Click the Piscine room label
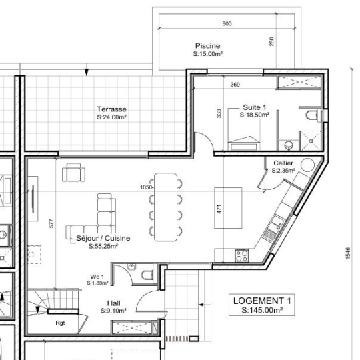pos(208,46)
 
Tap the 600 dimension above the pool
pos(227,23)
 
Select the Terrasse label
pos(111,109)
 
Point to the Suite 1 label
pos(255,107)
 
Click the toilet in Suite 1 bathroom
pos(312,115)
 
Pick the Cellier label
pos(283,163)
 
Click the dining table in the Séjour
pos(165,207)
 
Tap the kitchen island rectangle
pos(228,208)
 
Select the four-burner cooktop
pos(242,255)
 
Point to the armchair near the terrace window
pos(73,173)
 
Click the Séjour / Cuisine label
pos(103,238)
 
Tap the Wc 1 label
pos(97,277)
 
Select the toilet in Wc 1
pos(147,275)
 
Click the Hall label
pos(113,303)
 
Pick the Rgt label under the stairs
pos(60,323)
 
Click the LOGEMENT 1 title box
pos(262,305)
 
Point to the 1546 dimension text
pos(348,253)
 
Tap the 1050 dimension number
pos(146,187)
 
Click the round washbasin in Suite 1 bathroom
pos(289,145)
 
